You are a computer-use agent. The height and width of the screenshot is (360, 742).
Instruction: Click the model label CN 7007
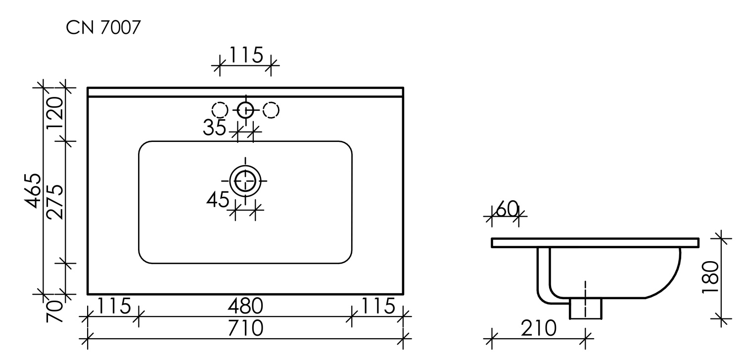(103, 29)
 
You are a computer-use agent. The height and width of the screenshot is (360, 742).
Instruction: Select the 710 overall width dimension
(245, 328)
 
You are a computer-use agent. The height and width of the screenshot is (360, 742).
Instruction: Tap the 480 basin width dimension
(245, 307)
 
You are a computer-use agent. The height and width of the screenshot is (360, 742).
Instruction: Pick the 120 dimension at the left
(55, 112)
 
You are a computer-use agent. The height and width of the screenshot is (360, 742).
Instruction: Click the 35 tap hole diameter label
(214, 128)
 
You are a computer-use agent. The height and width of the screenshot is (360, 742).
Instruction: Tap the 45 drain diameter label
(218, 200)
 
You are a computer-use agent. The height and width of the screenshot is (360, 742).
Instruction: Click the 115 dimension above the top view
(245, 55)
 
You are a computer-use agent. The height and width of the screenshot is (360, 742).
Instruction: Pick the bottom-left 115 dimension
(113, 306)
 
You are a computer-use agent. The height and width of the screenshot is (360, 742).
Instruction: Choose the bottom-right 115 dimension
(377, 306)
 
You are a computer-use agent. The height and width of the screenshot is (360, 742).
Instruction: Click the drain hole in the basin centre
(245, 180)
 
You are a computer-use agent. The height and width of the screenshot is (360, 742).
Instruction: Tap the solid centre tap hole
(245, 110)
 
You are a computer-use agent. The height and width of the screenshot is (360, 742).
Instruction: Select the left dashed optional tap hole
(220, 110)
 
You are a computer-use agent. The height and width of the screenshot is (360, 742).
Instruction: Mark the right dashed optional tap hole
(271, 110)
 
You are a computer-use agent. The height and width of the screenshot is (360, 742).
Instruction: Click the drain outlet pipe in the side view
(586, 308)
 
